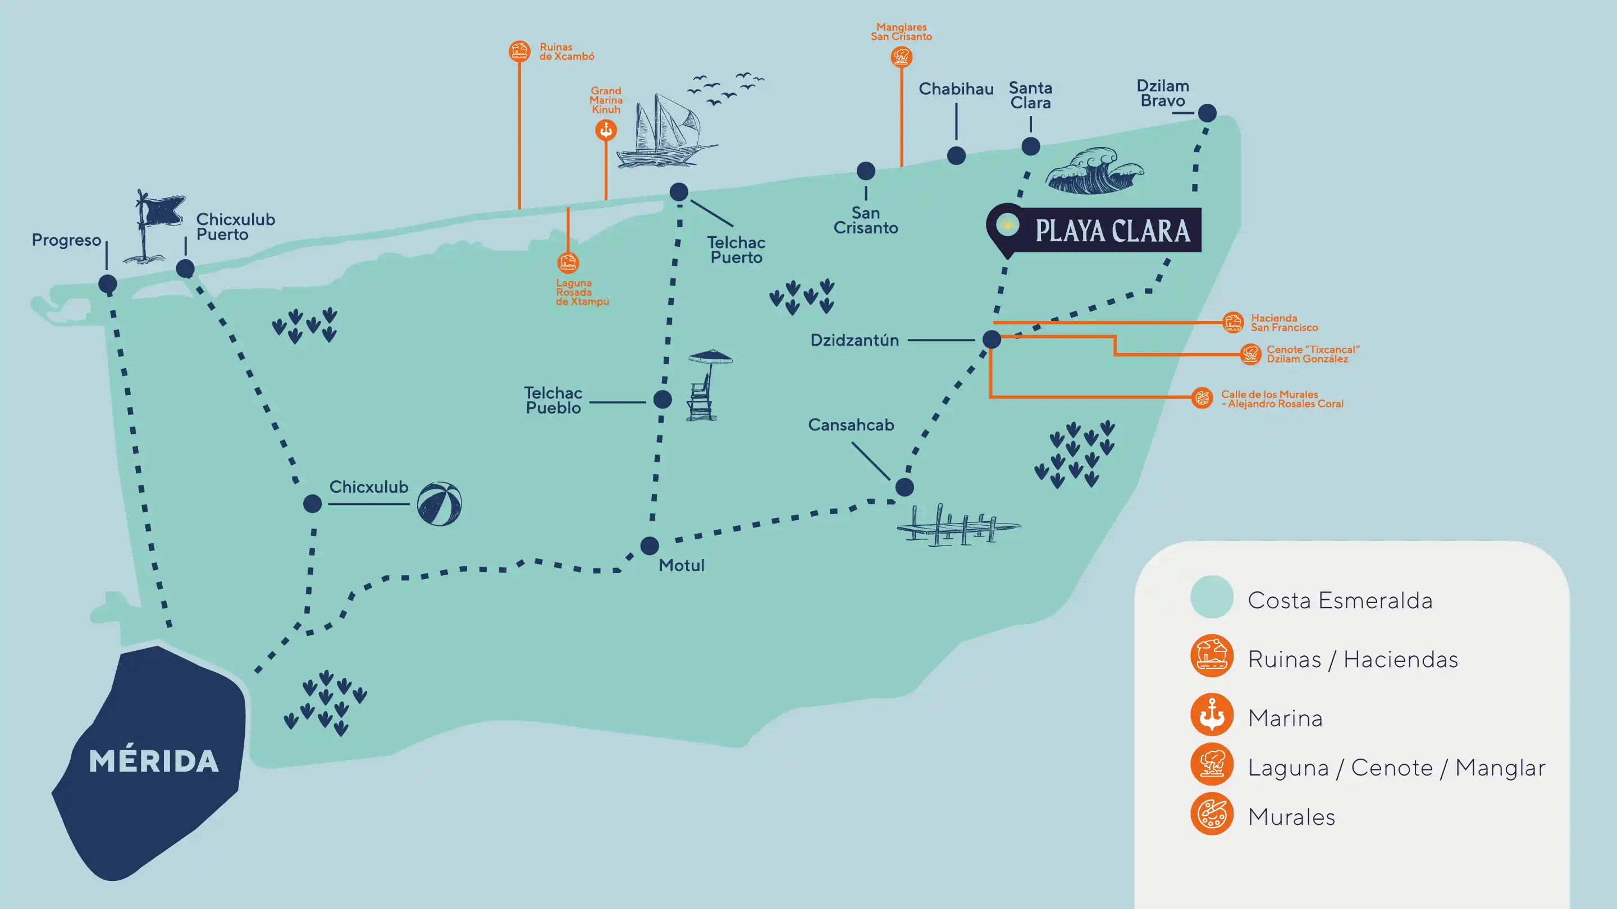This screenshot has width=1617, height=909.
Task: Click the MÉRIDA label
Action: [154, 761]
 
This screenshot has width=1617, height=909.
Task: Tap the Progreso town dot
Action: [107, 283]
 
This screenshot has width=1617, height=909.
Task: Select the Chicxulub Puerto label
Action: [235, 227]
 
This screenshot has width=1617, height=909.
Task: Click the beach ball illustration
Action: [440, 504]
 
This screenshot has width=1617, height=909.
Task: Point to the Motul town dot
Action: [650, 545]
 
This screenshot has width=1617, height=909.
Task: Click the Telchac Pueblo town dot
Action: [663, 399]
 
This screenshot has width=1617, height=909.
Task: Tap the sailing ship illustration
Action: [665, 133]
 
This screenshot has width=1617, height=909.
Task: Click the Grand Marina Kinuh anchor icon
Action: [606, 130]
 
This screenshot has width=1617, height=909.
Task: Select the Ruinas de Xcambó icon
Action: [519, 51]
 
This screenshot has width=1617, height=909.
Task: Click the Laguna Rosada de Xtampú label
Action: [582, 292]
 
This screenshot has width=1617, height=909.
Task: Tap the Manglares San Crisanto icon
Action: [901, 57]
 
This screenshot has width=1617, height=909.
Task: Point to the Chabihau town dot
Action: [956, 155]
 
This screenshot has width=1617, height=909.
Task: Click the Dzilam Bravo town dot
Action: [1207, 113]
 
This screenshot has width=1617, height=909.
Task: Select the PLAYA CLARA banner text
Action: [1112, 231]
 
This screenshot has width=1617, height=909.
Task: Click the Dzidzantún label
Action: [855, 340]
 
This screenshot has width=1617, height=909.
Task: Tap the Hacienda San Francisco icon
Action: [1233, 323]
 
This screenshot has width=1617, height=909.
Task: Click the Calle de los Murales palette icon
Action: [1202, 398]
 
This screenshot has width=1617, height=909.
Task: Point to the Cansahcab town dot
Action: [905, 487]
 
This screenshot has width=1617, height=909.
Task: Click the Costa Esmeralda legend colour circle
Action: [1212, 596]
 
